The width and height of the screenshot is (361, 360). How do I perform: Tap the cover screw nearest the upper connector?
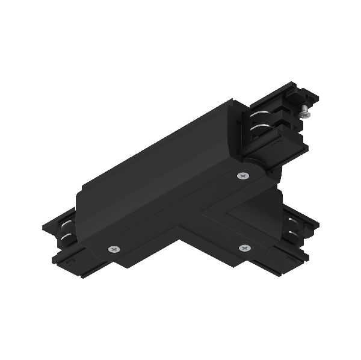(242, 176)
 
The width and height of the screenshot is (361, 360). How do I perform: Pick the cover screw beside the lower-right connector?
(244, 248)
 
